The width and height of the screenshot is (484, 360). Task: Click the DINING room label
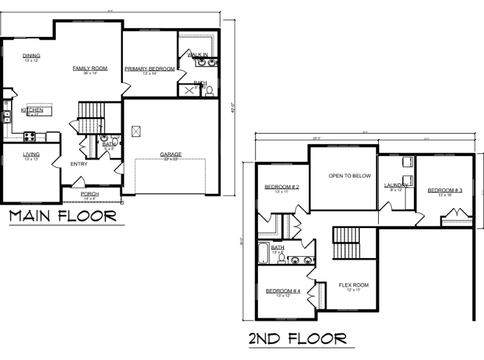[31, 56]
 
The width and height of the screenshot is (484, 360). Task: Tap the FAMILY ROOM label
[90, 68]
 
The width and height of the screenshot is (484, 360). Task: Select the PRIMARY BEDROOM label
[150, 69]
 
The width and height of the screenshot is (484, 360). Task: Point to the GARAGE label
[171, 155]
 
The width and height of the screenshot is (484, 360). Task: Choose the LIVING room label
[32, 155]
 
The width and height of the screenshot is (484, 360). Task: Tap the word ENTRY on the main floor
[79, 164]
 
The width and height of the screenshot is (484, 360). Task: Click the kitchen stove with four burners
[30, 136]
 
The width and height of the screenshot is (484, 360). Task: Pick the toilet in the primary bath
[209, 91]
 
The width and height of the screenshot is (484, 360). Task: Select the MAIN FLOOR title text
[63, 216]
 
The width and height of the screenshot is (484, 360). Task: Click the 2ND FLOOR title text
[297, 339]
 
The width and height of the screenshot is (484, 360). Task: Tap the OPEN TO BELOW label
[349, 176]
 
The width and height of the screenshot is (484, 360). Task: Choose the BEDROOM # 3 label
[444, 190]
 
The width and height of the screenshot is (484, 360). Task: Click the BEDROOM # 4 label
[283, 291]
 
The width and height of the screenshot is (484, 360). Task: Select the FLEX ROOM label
[353, 285]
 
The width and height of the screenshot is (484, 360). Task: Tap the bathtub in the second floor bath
[262, 251]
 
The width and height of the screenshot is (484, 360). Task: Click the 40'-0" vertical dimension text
[233, 107]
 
